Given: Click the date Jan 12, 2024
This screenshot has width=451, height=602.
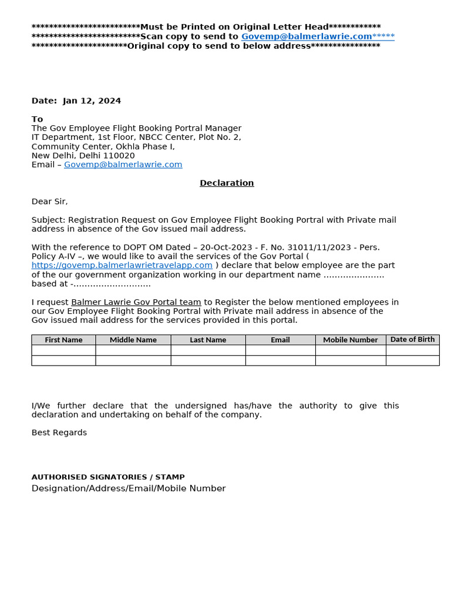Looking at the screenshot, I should [92, 101].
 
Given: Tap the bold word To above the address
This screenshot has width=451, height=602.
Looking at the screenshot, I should [37, 119].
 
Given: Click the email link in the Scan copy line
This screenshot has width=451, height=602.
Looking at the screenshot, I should [307, 36].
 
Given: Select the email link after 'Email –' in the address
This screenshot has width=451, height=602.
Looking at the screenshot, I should [123, 165].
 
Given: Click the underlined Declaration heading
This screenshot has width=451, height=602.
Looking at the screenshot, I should [227, 183].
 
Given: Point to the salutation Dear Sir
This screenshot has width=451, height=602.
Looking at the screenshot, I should [49, 201].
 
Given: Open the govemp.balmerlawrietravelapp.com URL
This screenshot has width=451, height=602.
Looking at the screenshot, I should [122, 265].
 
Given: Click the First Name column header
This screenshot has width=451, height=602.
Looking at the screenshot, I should [63, 340].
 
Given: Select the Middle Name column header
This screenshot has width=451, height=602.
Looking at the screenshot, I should [133, 340].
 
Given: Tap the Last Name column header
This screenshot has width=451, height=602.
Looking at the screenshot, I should [208, 340].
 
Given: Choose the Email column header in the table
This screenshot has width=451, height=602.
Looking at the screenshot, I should [280, 340].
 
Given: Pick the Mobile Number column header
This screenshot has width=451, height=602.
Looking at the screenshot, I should [351, 340].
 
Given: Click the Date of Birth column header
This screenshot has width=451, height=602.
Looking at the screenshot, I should [412, 339].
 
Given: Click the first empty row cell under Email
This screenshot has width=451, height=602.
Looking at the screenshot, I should [280, 350].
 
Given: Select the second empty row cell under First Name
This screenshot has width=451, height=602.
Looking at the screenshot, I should [63, 360].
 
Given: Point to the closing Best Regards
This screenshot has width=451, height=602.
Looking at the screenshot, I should [59, 432].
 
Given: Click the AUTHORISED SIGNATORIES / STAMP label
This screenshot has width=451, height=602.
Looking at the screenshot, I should [108, 477].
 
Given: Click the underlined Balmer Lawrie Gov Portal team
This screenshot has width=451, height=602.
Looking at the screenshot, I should [136, 302].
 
